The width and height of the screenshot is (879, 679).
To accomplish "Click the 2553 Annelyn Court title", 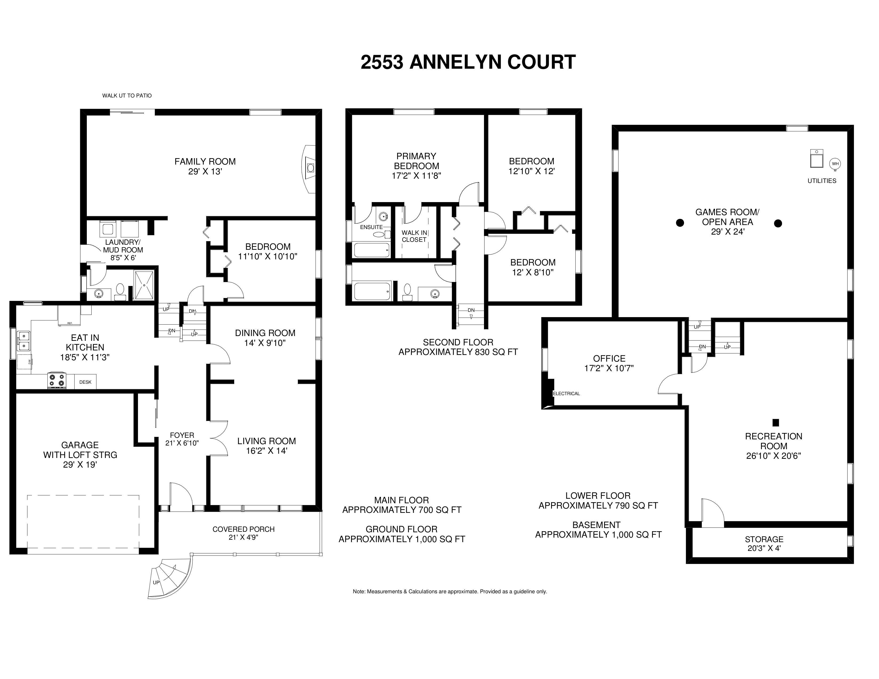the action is point(468,62).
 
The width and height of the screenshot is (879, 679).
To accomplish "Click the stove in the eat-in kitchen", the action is point(57,381).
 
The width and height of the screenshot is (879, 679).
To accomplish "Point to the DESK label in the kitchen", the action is point(85,382).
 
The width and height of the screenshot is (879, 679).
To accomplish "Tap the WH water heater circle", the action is point(835,164).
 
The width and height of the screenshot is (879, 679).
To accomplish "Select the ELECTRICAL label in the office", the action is point(567,393).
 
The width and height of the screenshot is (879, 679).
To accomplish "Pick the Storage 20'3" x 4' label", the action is point(764,544).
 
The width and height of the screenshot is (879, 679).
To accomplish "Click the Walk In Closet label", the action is point(414,236).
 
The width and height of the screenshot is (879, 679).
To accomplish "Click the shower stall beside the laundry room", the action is point(144,285).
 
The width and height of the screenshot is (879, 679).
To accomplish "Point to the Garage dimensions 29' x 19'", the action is point(80,465).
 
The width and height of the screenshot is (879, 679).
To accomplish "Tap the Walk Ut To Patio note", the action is point(127,96).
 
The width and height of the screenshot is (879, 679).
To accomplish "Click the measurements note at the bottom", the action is point(450,592).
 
